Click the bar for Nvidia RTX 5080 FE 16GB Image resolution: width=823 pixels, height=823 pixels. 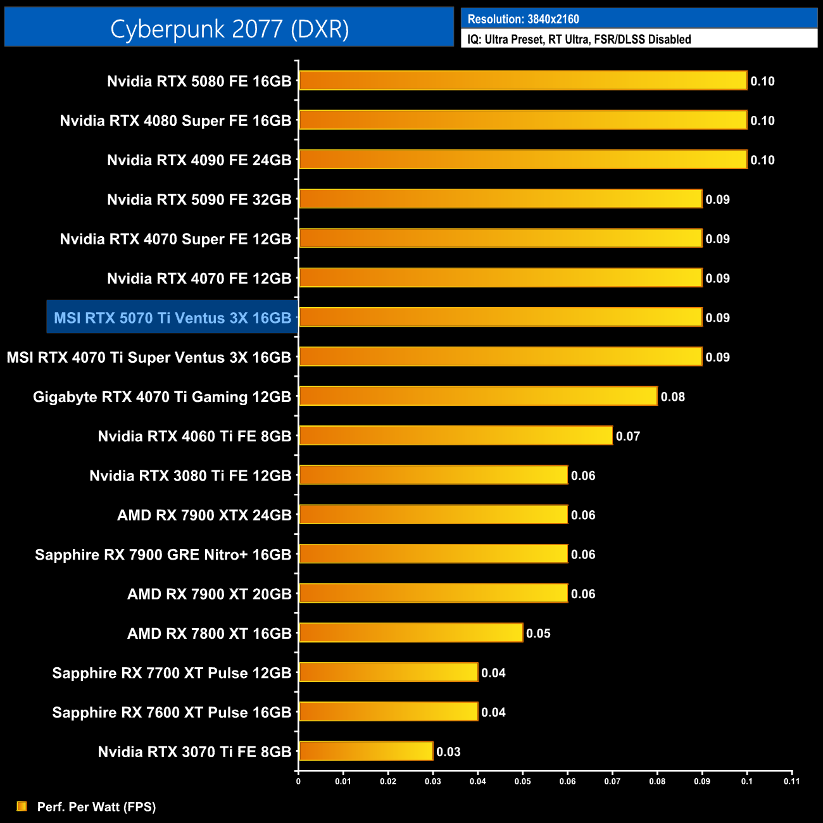(x=522, y=80)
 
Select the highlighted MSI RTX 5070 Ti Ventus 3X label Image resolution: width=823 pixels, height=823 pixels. (x=172, y=317)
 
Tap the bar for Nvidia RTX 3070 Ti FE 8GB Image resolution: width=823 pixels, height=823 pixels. (x=366, y=751)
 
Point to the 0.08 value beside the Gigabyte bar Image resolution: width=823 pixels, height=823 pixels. (x=672, y=397)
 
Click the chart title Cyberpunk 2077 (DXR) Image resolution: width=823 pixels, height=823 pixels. (x=229, y=28)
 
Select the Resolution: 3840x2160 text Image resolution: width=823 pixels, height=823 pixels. (x=523, y=19)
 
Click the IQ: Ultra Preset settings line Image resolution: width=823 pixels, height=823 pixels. (x=579, y=39)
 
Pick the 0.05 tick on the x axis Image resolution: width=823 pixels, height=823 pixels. (x=522, y=781)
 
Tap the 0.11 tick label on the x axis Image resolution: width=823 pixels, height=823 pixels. (x=791, y=781)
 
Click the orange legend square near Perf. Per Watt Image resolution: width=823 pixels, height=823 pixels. (x=22, y=806)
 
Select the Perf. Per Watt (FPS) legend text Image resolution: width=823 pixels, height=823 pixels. (x=96, y=807)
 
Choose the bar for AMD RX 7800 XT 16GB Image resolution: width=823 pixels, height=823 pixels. (x=411, y=632)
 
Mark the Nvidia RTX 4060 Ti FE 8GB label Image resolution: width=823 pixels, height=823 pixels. (x=194, y=436)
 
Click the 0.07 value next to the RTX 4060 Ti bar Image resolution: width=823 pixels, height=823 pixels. (x=627, y=436)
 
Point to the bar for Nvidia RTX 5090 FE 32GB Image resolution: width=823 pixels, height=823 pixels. (x=500, y=199)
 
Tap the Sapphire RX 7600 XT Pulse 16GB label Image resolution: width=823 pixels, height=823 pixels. (x=172, y=712)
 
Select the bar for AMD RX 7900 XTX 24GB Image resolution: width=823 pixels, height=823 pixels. (x=433, y=514)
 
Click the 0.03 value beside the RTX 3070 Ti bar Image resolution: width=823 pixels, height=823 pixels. (x=448, y=751)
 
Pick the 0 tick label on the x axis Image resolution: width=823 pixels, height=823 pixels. (x=298, y=781)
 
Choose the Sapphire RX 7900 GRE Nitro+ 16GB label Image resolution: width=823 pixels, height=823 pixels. (x=163, y=555)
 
